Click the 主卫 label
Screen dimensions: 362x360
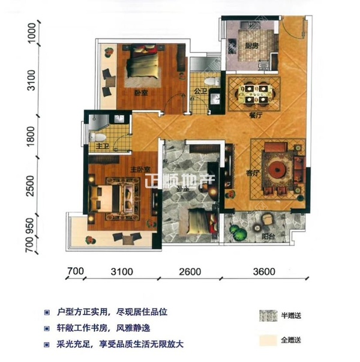[97, 138]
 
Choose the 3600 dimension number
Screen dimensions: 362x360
[264, 272]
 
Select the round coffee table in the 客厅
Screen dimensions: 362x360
[277, 170]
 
